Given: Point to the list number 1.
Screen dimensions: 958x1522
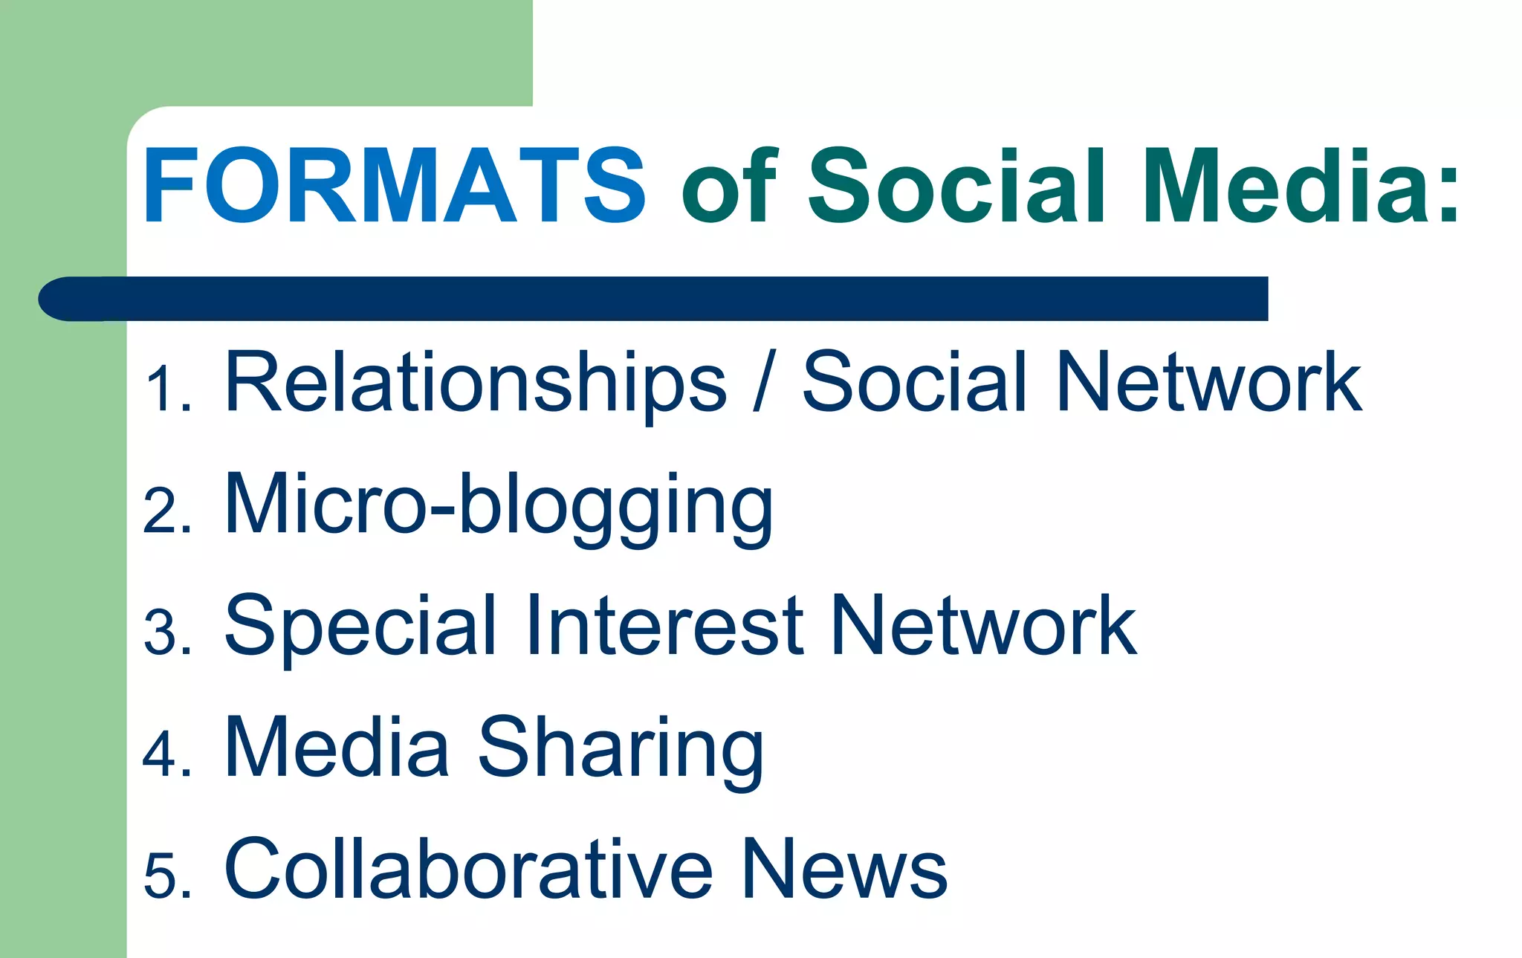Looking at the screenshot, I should coord(166,389).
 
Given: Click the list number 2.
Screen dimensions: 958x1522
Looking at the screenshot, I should coord(166,511).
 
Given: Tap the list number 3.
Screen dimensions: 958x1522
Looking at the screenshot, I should coord(166,633).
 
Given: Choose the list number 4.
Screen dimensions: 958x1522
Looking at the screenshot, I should coord(166,754).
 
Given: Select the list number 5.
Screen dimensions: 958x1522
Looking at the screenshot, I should coord(166,877).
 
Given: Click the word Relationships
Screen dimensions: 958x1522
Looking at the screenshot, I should coord(475,382).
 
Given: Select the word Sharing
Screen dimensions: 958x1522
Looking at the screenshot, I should coord(620,748).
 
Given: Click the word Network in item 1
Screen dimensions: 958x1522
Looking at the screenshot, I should coord(1208,382).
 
